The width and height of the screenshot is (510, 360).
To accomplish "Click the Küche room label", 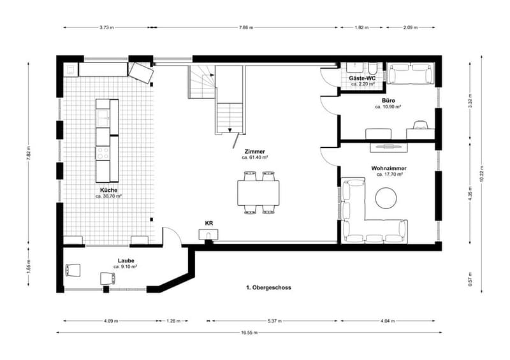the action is coord(108,191).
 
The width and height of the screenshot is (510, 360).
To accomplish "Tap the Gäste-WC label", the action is coord(362,78).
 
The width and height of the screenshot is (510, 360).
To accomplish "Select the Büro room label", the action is coord(388,101).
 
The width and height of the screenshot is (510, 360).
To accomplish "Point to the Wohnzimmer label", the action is coord(389,168).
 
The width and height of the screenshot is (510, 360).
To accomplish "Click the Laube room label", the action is coord(126,261).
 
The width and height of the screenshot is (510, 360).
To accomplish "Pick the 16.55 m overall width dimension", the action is coord(249,333).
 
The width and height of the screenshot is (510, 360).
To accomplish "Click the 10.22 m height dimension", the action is coord(482,175).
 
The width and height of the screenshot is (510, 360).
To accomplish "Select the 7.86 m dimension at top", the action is coord(246,27).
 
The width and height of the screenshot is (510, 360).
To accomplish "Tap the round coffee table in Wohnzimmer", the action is coord(386,198).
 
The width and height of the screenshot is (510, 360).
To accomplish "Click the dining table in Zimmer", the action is coord(258,193).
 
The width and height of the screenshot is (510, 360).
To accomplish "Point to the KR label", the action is coord(209,224).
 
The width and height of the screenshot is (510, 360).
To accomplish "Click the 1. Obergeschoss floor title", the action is coord(268,287).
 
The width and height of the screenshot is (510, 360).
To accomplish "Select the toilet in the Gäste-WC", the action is coord(373,69).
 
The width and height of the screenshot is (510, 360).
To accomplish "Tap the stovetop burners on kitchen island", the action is coord(103,153).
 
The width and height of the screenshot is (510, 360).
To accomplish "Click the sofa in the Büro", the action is coord(411,73).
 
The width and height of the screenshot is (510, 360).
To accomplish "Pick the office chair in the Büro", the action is coord(420,125).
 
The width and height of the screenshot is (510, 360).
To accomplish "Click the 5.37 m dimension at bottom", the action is coord(275,321).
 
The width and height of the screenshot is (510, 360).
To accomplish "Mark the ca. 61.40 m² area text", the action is coord(254,157).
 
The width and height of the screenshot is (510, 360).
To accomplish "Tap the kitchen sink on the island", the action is coord(103,117).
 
